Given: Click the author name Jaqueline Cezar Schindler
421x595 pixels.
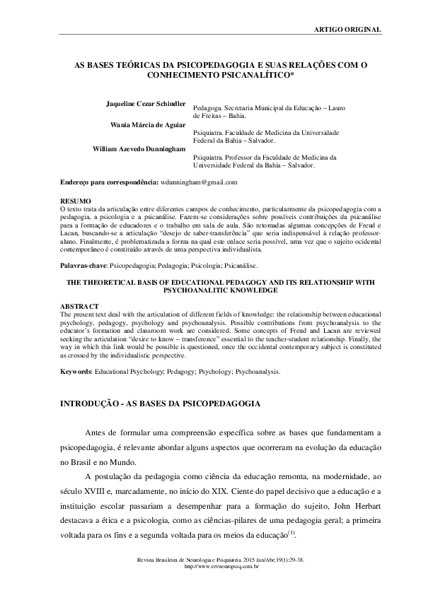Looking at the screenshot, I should (x=145, y=103).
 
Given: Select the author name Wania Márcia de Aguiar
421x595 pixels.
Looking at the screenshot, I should (x=149, y=126).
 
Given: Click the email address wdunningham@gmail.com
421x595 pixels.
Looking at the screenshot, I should (x=199, y=182).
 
